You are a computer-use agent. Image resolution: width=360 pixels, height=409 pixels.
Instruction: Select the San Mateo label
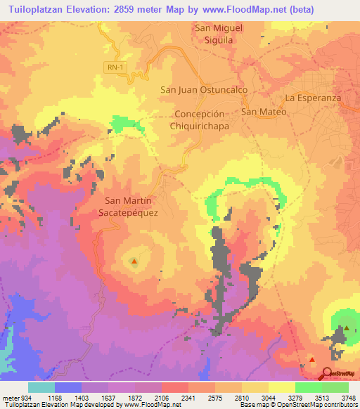[x=264, y=112]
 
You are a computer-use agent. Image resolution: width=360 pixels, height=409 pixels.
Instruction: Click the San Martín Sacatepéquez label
[x=130, y=205]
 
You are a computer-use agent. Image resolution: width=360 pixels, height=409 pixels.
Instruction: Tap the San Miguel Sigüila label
[x=219, y=34]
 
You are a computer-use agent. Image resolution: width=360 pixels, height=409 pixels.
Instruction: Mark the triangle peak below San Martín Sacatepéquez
[x=134, y=262]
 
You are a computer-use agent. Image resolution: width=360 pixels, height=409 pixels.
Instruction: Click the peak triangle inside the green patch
[x=346, y=327]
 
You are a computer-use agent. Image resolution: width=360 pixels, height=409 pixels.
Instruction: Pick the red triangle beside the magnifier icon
[x=312, y=360]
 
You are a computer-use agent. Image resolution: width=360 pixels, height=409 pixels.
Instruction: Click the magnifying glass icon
[x=328, y=373]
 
